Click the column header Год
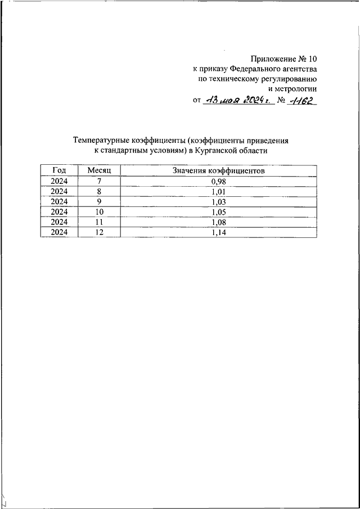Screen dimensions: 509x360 (x=59, y=170)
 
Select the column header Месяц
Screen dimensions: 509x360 (x=100, y=170)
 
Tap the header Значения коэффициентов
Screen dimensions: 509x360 (x=218, y=170)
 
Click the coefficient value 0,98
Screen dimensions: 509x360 (x=218, y=181)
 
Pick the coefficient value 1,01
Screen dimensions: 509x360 (x=218, y=191)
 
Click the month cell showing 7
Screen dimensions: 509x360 (x=100, y=181)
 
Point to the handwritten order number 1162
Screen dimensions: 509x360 (x=304, y=101)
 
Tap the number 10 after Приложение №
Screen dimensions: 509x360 (x=312, y=58)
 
